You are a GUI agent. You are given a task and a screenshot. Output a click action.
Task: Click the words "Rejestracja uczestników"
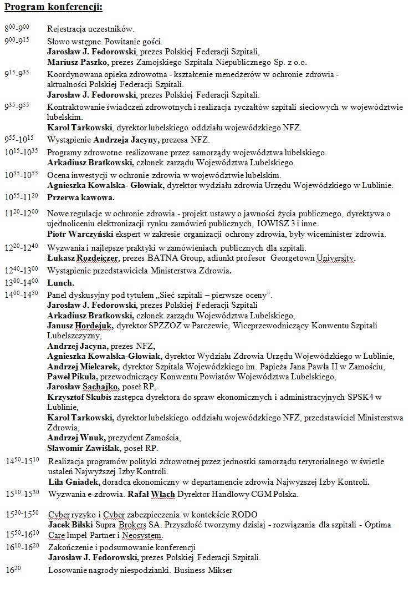tap(90, 28)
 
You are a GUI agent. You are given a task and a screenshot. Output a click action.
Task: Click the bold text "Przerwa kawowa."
tap(81, 197)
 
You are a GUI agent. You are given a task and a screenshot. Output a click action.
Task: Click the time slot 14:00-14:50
tap(21, 294)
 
